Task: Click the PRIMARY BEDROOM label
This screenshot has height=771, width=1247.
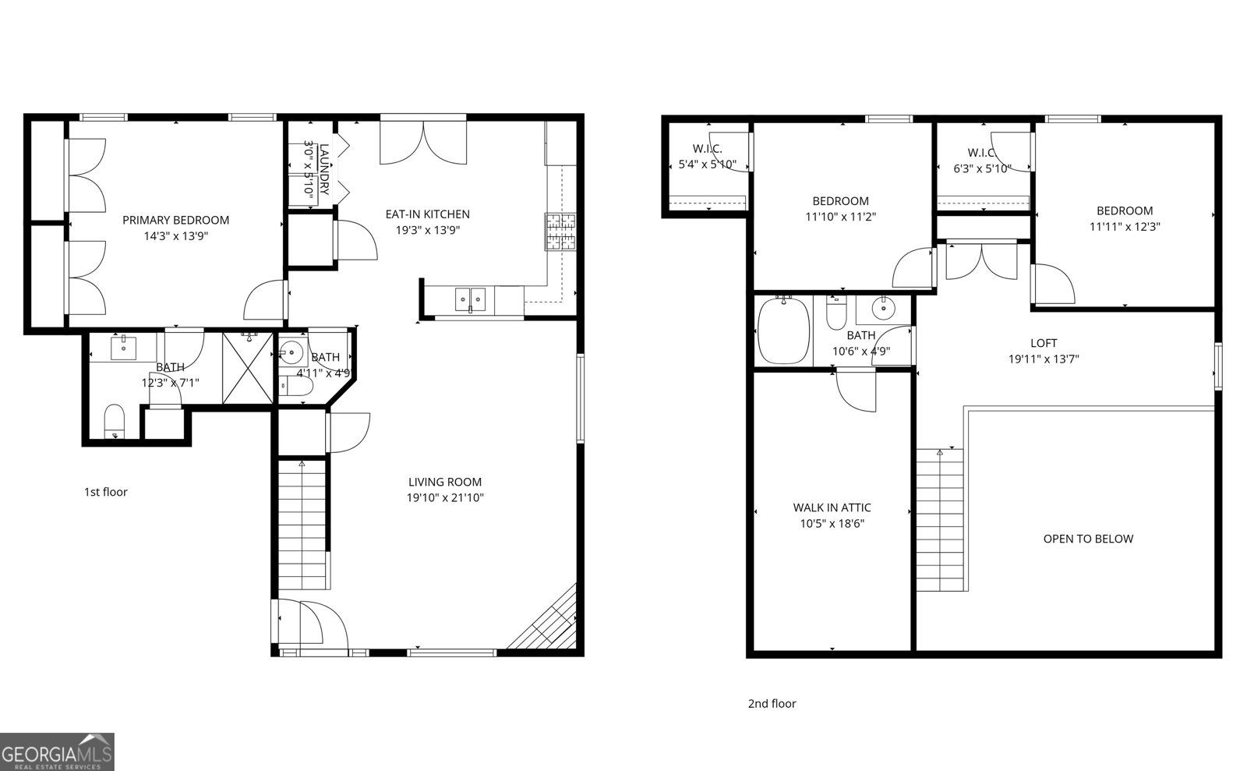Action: coord(175,221)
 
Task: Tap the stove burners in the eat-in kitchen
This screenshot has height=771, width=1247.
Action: coord(560,232)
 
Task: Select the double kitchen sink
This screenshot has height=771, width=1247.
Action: coord(470,299)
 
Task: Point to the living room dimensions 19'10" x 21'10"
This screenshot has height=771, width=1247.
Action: coord(445,498)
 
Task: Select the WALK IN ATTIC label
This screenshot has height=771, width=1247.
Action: coord(832,508)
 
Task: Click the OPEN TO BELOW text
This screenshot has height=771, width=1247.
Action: coord(1088,539)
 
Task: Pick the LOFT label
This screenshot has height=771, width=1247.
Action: coord(1044,343)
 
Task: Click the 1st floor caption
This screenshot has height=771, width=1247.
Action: coord(105,492)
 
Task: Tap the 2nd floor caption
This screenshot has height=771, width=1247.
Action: coord(772,704)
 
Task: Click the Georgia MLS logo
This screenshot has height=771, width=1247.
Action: coord(57,752)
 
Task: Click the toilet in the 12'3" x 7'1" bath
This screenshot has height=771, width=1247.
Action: coord(115,422)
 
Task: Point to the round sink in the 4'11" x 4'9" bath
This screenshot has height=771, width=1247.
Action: coord(291,353)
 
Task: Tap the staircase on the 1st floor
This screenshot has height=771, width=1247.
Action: coord(302,524)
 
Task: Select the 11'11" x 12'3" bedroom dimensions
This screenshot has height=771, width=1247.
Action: coord(1124,227)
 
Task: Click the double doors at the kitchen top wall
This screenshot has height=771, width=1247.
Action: coord(422,141)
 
